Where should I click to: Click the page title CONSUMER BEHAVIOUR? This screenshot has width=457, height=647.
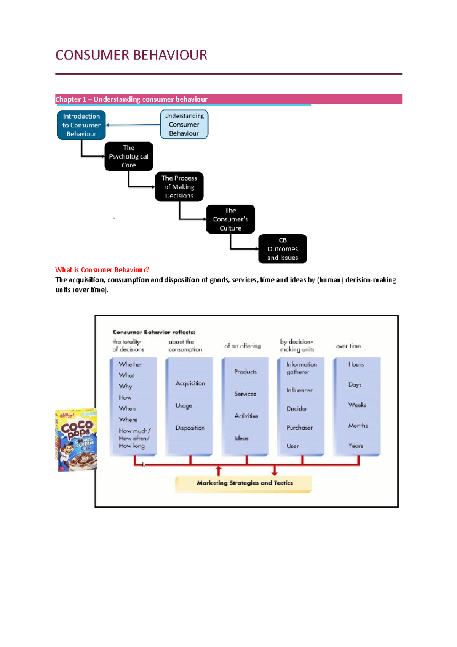click(x=131, y=55)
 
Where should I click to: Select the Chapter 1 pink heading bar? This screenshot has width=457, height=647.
click(x=228, y=99)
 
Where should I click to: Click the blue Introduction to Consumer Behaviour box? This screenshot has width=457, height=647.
click(x=81, y=125)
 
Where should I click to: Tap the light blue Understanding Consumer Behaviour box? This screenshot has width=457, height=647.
click(x=184, y=125)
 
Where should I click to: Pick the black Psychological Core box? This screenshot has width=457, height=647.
click(x=129, y=156)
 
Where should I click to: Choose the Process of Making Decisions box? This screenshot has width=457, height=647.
click(x=179, y=187)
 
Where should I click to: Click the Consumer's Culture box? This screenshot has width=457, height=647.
click(x=230, y=219)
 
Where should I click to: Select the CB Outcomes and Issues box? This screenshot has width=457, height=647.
click(x=282, y=249)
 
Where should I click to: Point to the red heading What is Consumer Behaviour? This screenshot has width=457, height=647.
click(x=102, y=270)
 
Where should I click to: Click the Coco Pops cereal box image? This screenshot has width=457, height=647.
click(x=76, y=440)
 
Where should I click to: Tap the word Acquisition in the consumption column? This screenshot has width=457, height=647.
click(x=190, y=383)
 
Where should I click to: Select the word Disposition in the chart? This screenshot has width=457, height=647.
click(x=190, y=428)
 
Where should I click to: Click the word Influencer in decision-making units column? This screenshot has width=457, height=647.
click(x=299, y=390)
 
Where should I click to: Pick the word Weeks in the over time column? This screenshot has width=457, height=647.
click(x=357, y=405)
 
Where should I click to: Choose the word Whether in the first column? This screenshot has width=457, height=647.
click(x=130, y=364)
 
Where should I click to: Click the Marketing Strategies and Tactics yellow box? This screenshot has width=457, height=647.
click(x=244, y=483)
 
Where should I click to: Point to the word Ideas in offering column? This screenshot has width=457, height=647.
click(x=241, y=438)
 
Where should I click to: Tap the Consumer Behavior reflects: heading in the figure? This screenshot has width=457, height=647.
click(x=154, y=332)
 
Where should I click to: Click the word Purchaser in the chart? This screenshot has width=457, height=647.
click(x=299, y=428)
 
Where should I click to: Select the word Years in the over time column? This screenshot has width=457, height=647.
click(x=355, y=446)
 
